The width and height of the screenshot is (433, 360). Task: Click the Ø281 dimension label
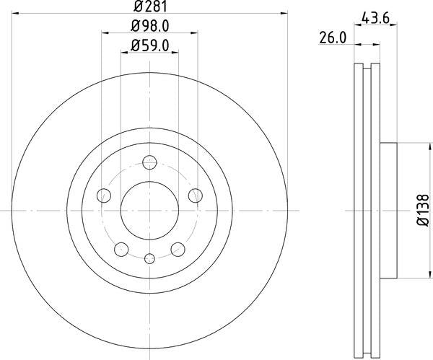coord(151,6)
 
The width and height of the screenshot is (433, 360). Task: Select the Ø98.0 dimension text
coord(149,26)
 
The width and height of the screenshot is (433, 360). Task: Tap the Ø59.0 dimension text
coord(149,45)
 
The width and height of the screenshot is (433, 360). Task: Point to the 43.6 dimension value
coord(375,19)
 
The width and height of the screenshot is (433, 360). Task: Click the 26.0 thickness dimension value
coord(333,38)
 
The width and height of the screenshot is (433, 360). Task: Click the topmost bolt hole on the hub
coord(149,162)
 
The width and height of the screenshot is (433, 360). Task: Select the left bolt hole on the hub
coord(104,196)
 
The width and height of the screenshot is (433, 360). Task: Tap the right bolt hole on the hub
coord(196,196)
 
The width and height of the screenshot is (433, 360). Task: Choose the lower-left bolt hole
coord(121,250)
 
